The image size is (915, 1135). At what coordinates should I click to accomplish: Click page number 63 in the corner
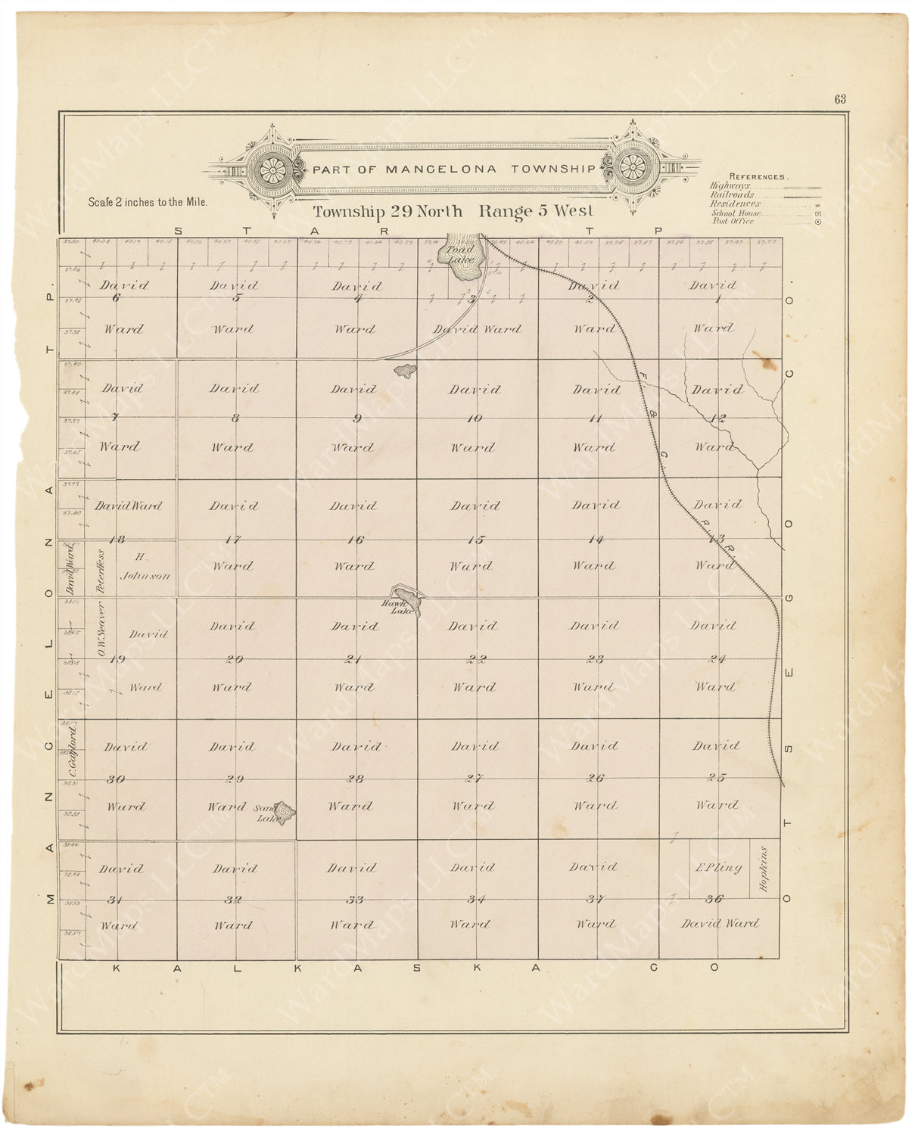840,99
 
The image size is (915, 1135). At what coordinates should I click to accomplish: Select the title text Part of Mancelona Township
454,169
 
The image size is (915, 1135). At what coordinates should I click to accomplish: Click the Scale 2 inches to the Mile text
148,202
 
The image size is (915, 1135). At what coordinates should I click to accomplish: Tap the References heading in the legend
758,176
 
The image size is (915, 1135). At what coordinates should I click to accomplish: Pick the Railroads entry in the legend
732,194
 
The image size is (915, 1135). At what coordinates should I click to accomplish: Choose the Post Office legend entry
733,221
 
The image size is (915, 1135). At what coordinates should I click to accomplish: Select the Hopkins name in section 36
764,869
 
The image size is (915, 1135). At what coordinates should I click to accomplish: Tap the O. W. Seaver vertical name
101,628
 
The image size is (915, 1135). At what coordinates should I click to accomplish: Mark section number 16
355,540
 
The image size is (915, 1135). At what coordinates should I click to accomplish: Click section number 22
476,659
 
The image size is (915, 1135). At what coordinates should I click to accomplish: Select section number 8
235,418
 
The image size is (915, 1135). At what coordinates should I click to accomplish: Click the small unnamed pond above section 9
406,371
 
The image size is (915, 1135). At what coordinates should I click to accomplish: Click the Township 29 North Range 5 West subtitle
453,212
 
